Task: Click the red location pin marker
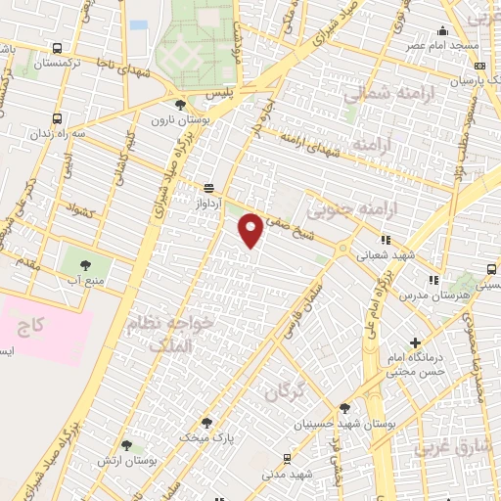[251, 229]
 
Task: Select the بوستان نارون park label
[173, 120]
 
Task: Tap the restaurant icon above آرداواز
[208, 186]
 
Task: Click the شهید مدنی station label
[286, 474]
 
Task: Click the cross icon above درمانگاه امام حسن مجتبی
[416, 343]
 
